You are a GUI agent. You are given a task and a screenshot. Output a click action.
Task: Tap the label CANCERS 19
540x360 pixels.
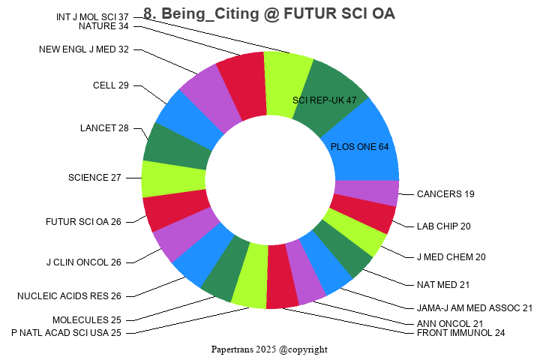(445, 194)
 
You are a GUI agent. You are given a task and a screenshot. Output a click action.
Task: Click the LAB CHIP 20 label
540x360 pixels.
(444, 226)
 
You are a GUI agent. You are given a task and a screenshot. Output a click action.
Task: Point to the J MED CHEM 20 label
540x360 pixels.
(451, 257)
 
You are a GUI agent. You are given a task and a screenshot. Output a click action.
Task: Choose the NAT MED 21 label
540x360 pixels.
(443, 285)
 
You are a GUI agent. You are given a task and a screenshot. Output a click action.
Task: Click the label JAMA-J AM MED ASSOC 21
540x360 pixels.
(475, 307)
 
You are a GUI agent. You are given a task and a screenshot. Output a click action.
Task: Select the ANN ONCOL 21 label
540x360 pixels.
(450, 324)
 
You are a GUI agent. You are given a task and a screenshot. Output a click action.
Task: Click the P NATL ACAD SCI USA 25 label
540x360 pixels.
(66, 332)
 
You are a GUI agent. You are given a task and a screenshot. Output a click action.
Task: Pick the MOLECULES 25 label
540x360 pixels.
(86, 320)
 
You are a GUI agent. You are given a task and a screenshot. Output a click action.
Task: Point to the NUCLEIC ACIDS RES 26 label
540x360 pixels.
(69, 296)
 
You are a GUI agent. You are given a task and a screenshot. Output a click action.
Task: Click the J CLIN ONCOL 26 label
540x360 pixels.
(83, 262)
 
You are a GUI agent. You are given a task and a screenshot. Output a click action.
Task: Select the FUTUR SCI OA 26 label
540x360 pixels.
(83, 222)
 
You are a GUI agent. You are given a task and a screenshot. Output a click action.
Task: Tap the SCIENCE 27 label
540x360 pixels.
(94, 178)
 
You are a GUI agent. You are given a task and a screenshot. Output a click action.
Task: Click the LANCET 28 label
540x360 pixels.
(104, 127)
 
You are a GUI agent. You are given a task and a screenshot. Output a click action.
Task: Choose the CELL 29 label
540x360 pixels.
(111, 85)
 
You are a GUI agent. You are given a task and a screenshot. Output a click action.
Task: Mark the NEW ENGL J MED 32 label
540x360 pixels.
(84, 49)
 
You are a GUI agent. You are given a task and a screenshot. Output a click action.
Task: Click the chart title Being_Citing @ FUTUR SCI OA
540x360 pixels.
(268, 13)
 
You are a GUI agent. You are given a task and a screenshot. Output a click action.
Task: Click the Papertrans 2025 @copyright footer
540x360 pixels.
(269, 349)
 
